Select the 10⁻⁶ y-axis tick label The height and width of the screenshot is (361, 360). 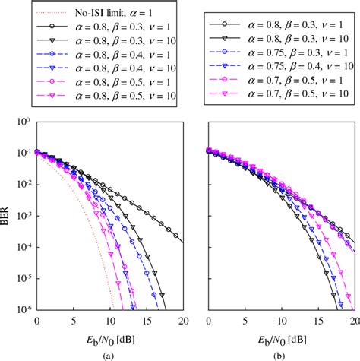click(23, 310)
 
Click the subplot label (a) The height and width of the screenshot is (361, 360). click(110, 353)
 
